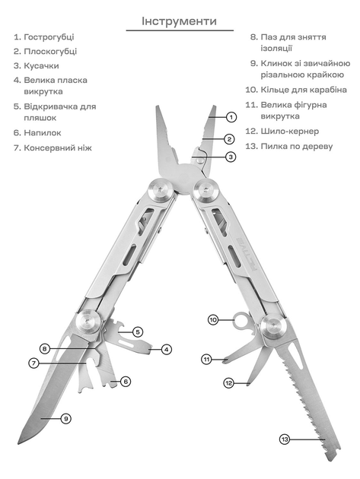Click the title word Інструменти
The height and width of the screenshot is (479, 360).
179,21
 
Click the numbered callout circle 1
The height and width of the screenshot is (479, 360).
231,117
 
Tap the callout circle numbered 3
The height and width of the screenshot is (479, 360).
231,157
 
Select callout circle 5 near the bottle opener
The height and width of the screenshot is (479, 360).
137,331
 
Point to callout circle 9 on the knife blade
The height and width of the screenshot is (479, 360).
65,418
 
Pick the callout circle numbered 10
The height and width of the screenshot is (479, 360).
214,320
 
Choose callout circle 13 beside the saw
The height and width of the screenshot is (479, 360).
285,439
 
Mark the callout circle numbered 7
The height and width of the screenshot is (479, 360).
34,363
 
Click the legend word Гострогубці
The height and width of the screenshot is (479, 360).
49,37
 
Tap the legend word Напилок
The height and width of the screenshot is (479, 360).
43,133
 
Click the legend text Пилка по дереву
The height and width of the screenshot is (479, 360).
296,147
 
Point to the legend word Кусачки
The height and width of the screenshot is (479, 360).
41,66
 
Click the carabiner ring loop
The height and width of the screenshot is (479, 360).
241,319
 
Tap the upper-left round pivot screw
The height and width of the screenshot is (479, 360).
160,191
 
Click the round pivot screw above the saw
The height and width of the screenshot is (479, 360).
274,326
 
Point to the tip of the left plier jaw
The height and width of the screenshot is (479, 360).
158,107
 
